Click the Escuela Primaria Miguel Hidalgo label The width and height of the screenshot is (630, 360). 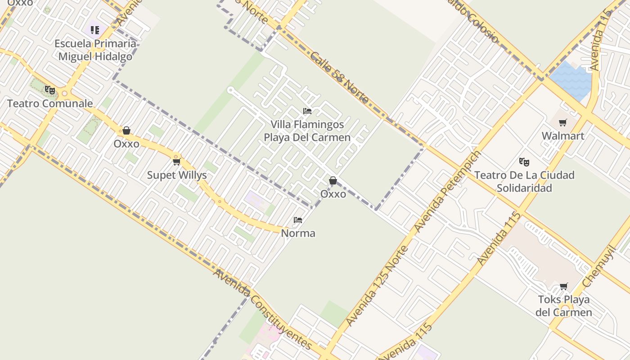[x=95, y=50]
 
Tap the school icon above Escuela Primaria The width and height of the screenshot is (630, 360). [x=94, y=30]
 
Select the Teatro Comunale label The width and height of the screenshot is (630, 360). [x=50, y=103]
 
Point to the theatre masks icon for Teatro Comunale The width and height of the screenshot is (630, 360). [x=49, y=90]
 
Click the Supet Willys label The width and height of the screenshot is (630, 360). [x=177, y=175]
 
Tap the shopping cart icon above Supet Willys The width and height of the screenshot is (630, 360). [x=176, y=162]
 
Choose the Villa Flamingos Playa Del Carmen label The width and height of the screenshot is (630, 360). [x=307, y=131]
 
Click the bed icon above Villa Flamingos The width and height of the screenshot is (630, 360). [x=307, y=111]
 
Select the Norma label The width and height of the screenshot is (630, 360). [x=298, y=233]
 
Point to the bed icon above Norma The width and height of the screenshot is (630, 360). [x=298, y=220]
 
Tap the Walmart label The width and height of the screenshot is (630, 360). [x=563, y=136]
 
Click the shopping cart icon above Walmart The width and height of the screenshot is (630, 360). [x=562, y=122]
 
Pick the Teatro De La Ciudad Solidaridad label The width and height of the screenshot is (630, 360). [x=524, y=181]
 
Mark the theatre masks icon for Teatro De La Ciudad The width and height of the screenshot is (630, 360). [x=524, y=162]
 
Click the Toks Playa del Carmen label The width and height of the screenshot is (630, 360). [x=564, y=306]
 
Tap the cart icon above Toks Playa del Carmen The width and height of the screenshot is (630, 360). [x=563, y=286]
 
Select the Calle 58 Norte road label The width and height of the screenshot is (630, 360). [x=339, y=78]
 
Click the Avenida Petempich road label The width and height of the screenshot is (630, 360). [x=447, y=192]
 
